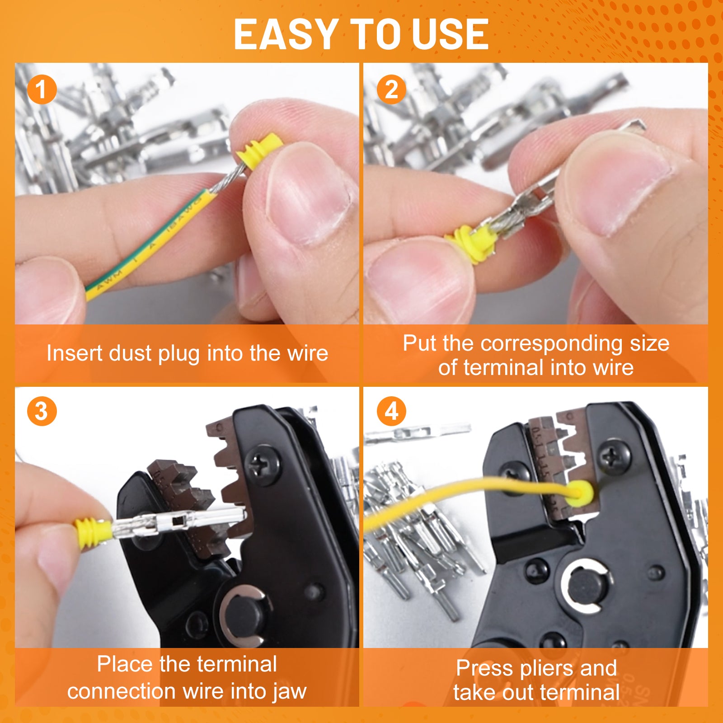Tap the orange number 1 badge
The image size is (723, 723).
[x=42, y=89]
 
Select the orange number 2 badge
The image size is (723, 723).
[x=391, y=89]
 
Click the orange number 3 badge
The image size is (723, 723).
[x=42, y=411]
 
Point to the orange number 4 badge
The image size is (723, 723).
[x=391, y=411]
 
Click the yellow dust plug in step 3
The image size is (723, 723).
[x=93, y=533]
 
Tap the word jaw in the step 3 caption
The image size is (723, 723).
[x=291, y=691]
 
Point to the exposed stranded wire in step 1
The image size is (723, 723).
[x=228, y=178]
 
